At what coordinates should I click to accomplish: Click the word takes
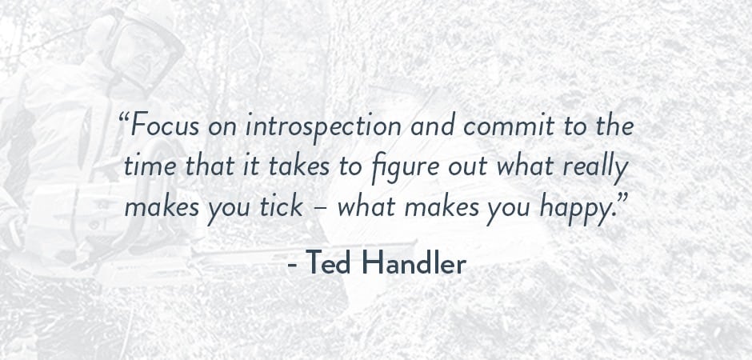pos(298,166)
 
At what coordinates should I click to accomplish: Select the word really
pos(594,168)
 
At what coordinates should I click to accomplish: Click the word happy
pos(570,209)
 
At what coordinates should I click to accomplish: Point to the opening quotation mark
pos(124,118)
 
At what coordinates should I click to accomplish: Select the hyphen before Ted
pos(292,265)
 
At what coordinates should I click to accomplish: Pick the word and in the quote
pos(433,126)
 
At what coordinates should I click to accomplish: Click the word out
pos(468,167)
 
